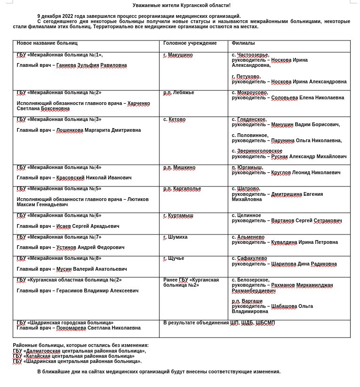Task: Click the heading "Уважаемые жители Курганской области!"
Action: (x=181, y=5)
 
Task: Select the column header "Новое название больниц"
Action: (x=47, y=43)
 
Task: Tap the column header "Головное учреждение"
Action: (x=190, y=43)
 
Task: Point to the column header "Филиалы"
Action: (x=243, y=43)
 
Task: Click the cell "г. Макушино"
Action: (x=178, y=55)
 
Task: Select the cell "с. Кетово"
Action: (x=174, y=120)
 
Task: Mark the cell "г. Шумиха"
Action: (x=175, y=237)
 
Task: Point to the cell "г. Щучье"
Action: (x=174, y=258)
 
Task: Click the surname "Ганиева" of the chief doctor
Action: (x=66, y=65)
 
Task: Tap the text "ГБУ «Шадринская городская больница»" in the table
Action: (x=65, y=323)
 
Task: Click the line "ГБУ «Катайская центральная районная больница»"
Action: (x=73, y=356)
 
